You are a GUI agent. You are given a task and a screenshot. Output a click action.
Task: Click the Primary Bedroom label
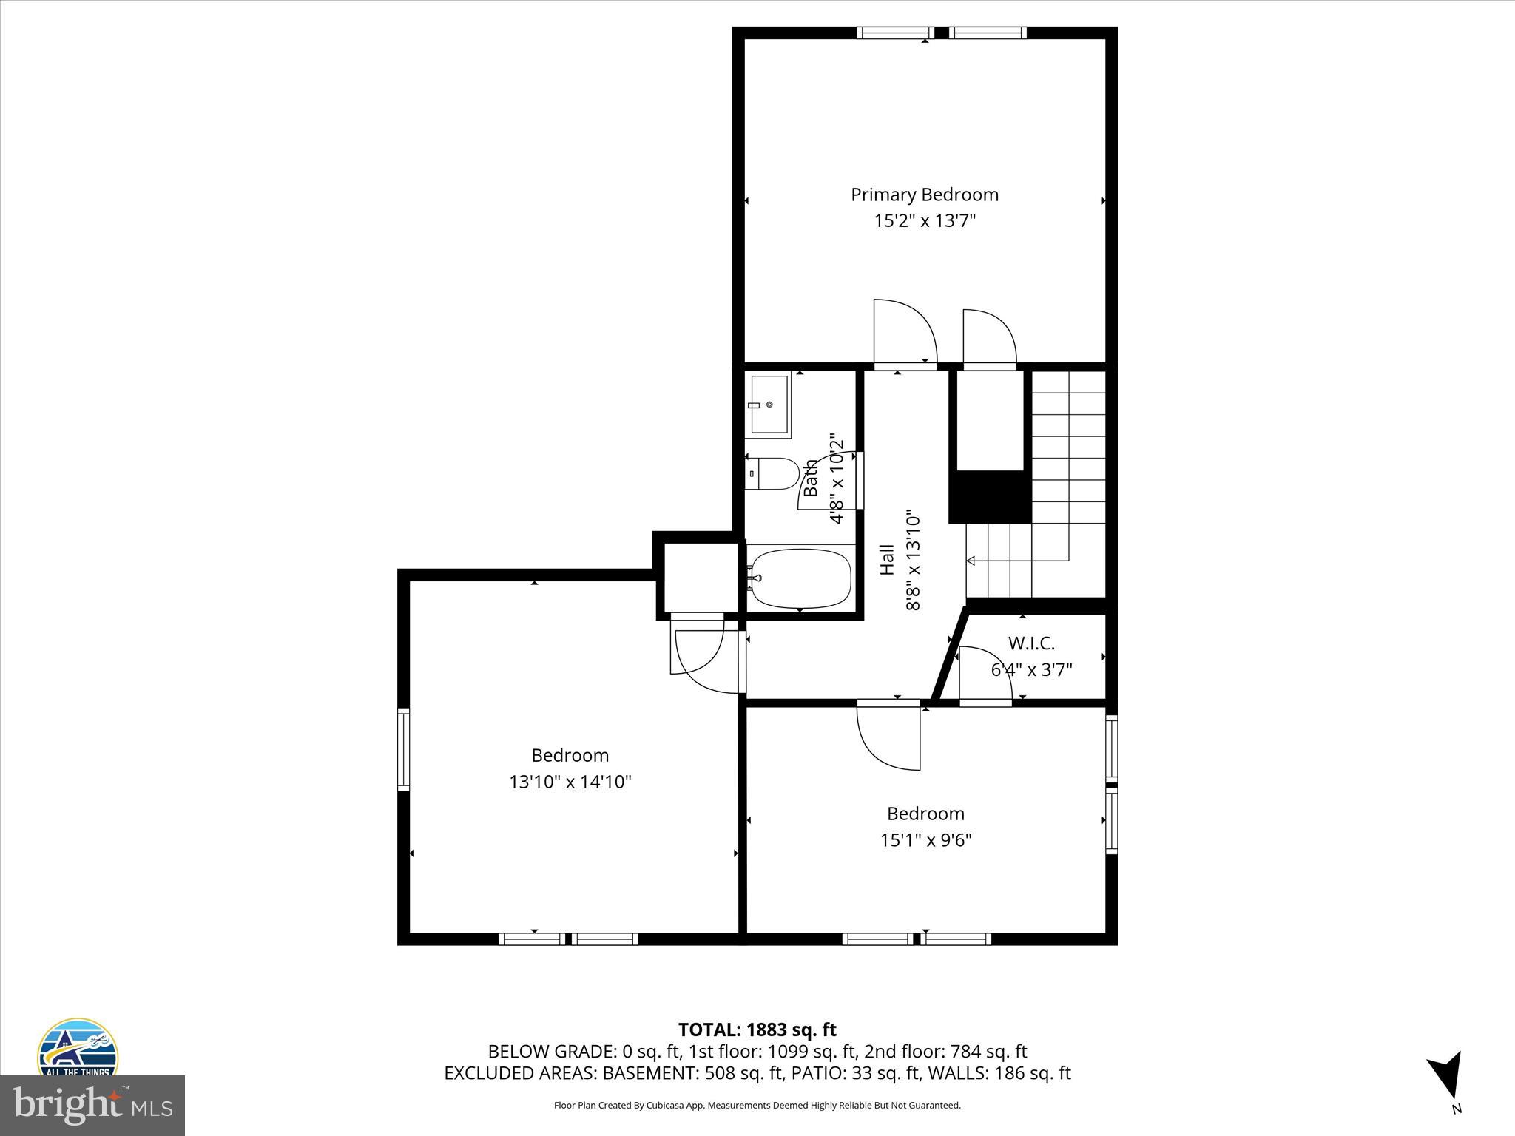[x=924, y=195]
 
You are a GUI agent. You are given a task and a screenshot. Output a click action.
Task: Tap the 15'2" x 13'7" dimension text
[x=924, y=221]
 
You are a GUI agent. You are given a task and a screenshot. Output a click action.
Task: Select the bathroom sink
[x=768, y=405]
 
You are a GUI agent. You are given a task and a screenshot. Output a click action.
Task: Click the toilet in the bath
[x=772, y=473]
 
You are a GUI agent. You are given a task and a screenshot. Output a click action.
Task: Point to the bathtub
[x=800, y=578]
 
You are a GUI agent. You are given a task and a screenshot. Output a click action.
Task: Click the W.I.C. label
[x=1030, y=643]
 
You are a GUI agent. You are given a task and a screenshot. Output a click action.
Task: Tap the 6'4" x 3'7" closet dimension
[x=1030, y=670]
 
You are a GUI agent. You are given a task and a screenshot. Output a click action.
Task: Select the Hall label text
[x=887, y=559]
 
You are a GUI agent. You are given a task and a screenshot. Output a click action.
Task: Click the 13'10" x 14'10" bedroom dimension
[x=570, y=782]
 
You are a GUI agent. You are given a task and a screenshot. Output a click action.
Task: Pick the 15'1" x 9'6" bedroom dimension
[x=925, y=840]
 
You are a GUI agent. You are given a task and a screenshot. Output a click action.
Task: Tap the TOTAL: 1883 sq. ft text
[x=757, y=1029]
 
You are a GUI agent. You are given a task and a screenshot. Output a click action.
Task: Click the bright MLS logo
[x=92, y=1106]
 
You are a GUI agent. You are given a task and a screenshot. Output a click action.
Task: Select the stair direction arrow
[x=972, y=561]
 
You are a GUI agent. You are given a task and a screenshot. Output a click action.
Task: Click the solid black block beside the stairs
[x=990, y=497]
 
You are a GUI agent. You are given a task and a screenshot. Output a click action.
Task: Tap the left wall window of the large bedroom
[x=403, y=748]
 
